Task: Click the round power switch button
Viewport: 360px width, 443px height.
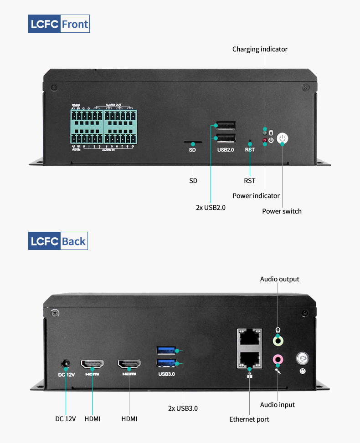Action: [x=283, y=139]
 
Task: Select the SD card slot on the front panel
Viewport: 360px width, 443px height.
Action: [x=193, y=142]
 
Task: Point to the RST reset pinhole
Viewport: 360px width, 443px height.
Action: [x=250, y=142]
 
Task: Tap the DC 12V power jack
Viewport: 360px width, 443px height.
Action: [x=66, y=364]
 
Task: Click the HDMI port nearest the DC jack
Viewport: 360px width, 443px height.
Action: [x=92, y=364]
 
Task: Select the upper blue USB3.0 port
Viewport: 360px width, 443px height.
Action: [x=166, y=351]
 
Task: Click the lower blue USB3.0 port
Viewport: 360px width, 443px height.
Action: [x=166, y=363]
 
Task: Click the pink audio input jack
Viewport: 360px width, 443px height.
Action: [x=278, y=360]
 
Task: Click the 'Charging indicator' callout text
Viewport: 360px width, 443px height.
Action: [x=260, y=49]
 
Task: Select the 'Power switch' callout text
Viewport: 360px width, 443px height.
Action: [x=282, y=211]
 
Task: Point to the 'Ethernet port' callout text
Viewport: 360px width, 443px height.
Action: [x=249, y=419]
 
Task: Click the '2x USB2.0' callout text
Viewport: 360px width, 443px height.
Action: [x=211, y=208]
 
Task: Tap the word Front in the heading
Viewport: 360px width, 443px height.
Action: [x=75, y=24]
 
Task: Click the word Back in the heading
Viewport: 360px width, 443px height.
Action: [x=73, y=241]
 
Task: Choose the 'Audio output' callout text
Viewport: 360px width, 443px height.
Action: [x=280, y=279]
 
